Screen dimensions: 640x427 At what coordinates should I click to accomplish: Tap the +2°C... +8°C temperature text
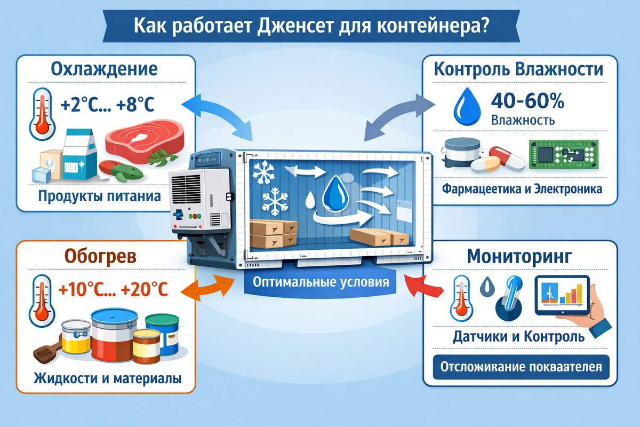pyautogui.click(x=107, y=105)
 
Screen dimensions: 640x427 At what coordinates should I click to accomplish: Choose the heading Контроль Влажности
pyautogui.click(x=518, y=69)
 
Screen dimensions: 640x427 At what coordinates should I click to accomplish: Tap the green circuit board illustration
pyautogui.click(x=561, y=156)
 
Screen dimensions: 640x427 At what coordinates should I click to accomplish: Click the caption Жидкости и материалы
pyautogui.click(x=107, y=378)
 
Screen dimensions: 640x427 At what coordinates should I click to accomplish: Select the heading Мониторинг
pyautogui.click(x=520, y=256)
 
